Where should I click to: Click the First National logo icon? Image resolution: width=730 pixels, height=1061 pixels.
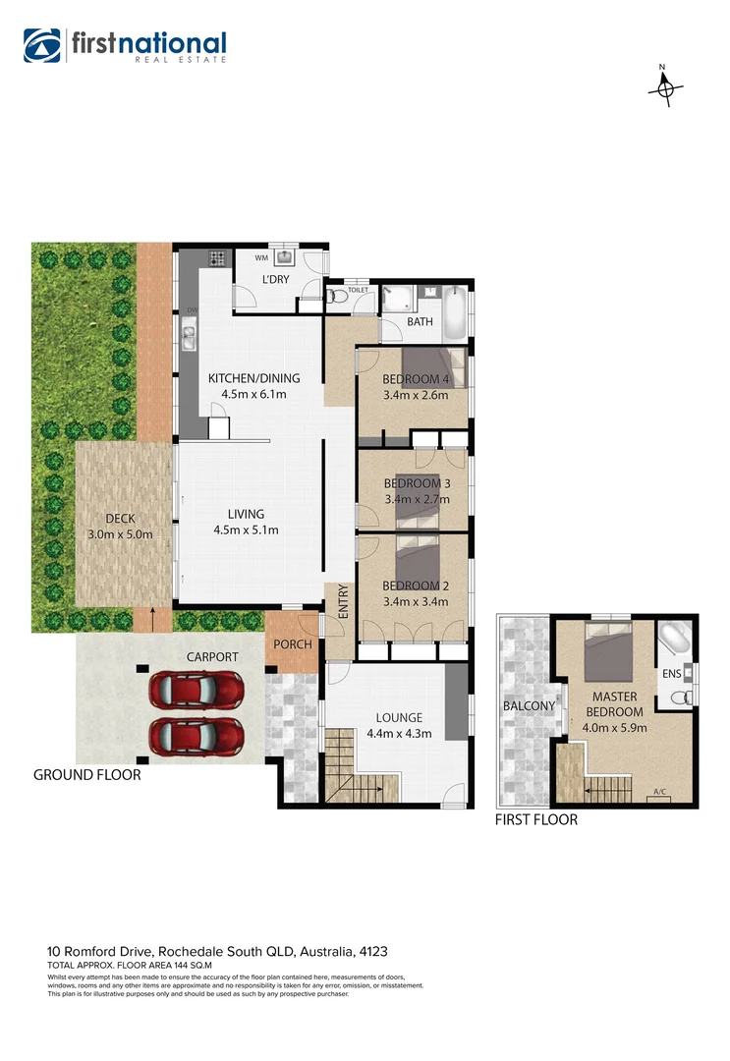[x=42, y=45]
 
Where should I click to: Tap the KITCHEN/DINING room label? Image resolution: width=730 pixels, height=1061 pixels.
[x=253, y=378]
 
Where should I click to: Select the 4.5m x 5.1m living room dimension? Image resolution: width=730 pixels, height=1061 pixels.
[x=246, y=530]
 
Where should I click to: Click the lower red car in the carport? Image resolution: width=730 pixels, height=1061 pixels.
[x=196, y=733]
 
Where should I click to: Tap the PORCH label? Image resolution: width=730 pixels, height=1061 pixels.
[x=293, y=645]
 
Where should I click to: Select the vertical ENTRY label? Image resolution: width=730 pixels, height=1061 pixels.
[x=344, y=600]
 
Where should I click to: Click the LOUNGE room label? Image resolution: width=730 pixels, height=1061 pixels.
[x=399, y=718]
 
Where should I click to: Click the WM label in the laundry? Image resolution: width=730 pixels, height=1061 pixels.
[x=261, y=258]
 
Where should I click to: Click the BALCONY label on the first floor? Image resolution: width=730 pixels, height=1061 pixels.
[x=530, y=705]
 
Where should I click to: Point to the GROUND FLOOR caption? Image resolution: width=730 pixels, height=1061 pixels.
[x=86, y=775]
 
